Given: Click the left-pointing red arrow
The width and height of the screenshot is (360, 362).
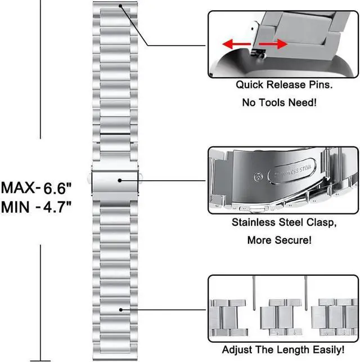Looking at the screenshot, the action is click(236, 44).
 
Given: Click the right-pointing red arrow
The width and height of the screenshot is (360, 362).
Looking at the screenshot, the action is click(273, 44).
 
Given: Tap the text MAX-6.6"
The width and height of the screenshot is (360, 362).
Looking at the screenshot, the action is click(36, 188).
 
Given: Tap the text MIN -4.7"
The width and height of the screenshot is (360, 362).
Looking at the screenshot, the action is click(36, 207).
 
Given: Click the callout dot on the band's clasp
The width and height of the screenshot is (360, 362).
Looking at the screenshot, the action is click(120, 180).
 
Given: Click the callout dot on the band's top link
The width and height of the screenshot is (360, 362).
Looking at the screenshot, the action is click(120, 6).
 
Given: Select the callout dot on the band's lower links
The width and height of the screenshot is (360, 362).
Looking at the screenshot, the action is click(121, 310).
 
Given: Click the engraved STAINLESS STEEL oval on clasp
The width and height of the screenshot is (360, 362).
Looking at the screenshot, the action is click(292, 171).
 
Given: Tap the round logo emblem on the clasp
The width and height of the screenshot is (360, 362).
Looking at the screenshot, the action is click(258, 177).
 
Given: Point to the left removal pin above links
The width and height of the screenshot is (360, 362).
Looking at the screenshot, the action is click(254, 293).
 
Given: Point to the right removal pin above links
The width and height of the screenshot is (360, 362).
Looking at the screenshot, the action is click(306, 293).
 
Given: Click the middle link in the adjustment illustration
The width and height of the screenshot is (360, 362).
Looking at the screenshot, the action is click(281, 317).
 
